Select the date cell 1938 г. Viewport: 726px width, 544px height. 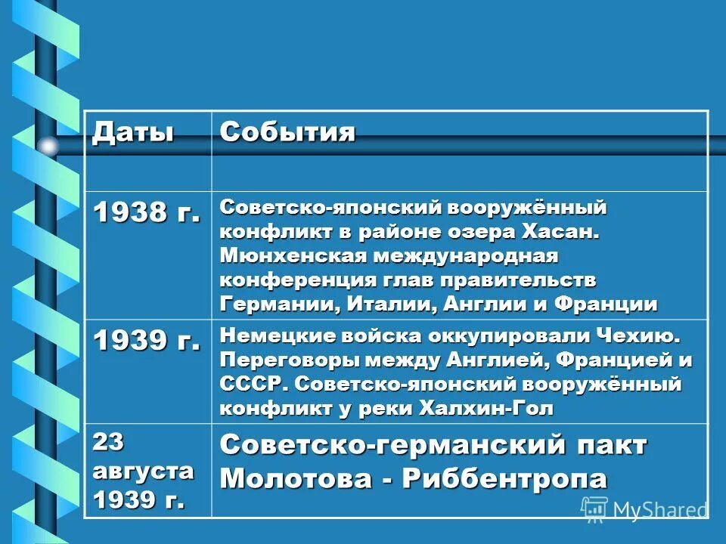(147, 213)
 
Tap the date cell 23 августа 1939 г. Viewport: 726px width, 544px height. (142, 470)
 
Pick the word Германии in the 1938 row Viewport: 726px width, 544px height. (273, 304)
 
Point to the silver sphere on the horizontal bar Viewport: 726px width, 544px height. (48, 146)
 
